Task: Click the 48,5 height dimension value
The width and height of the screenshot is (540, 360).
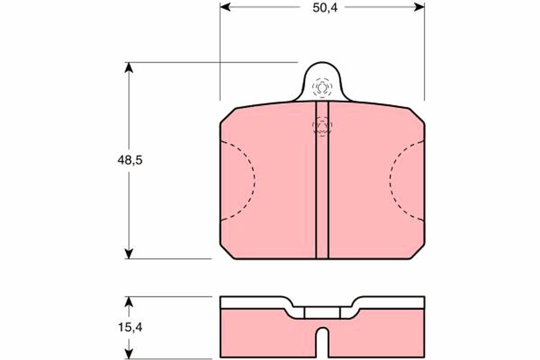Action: (x=130, y=160)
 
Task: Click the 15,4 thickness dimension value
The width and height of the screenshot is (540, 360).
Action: (x=130, y=328)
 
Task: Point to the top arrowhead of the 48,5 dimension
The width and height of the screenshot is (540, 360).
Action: (x=129, y=67)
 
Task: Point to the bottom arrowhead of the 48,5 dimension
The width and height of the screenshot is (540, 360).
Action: (x=129, y=253)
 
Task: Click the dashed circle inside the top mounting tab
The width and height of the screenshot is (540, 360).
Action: (x=322, y=87)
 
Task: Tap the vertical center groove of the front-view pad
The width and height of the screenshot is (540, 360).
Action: (x=322, y=189)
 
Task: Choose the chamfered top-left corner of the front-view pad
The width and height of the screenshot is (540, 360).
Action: (x=228, y=116)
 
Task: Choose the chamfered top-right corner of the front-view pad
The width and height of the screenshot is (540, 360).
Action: (x=416, y=116)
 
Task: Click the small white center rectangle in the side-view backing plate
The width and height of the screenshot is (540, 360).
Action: (x=322, y=313)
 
